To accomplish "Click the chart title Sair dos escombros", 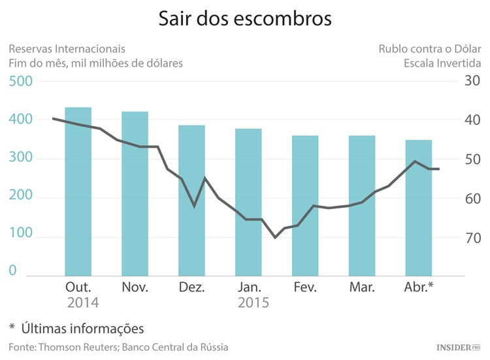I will [x=245, y=19].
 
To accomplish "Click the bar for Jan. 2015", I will [x=248, y=202].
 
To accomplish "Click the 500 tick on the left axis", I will [x=20, y=82].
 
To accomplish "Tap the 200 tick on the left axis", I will [x=20, y=198].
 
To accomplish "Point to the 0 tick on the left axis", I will [x=12, y=270].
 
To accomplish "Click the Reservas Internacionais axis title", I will [x=67, y=49].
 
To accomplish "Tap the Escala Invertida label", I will [x=442, y=63].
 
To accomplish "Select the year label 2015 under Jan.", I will [x=253, y=303].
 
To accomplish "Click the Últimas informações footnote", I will [x=82, y=328].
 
